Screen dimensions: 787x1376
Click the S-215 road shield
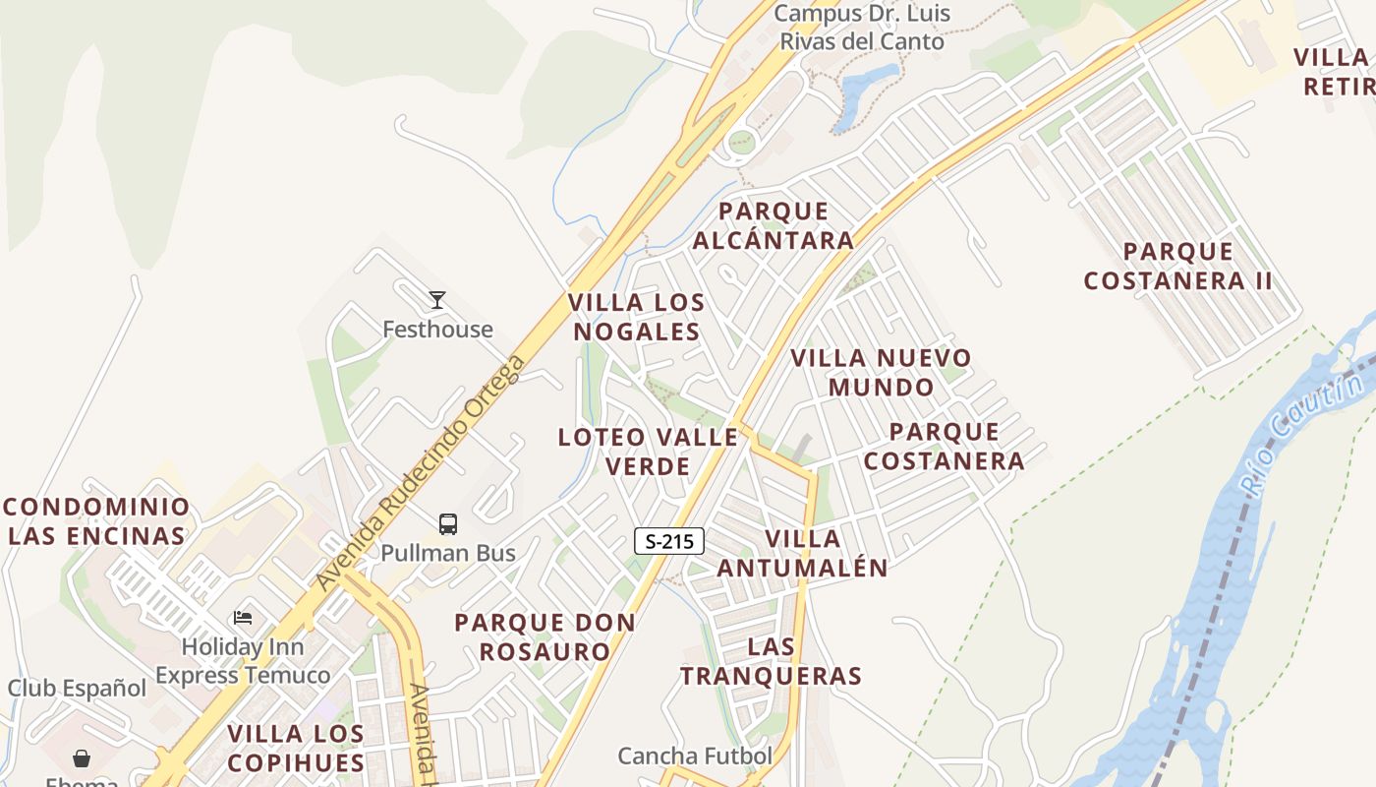(x=669, y=540)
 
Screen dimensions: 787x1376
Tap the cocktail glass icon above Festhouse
(x=437, y=300)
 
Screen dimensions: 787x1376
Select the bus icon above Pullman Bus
(x=448, y=524)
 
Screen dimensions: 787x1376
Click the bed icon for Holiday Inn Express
(x=243, y=618)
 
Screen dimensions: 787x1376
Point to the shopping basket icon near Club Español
(x=82, y=758)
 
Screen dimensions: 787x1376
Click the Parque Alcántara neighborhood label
(x=774, y=225)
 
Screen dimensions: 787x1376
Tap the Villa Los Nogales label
(x=637, y=317)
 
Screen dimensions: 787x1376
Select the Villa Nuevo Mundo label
(x=881, y=372)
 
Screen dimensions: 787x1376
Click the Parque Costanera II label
(x=1177, y=266)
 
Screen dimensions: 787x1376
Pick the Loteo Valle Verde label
(x=648, y=451)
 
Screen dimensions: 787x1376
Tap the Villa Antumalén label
(x=803, y=553)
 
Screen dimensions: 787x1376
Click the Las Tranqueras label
(x=771, y=661)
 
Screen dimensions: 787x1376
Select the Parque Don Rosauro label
(x=545, y=636)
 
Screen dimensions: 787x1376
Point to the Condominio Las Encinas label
(x=95, y=521)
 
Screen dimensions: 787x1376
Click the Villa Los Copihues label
(x=296, y=748)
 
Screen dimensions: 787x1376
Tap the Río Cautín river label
(x=1300, y=427)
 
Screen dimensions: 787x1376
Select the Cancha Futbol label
(x=695, y=756)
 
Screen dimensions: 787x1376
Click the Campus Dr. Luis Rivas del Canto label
(x=862, y=28)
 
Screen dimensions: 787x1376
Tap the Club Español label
(x=77, y=688)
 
